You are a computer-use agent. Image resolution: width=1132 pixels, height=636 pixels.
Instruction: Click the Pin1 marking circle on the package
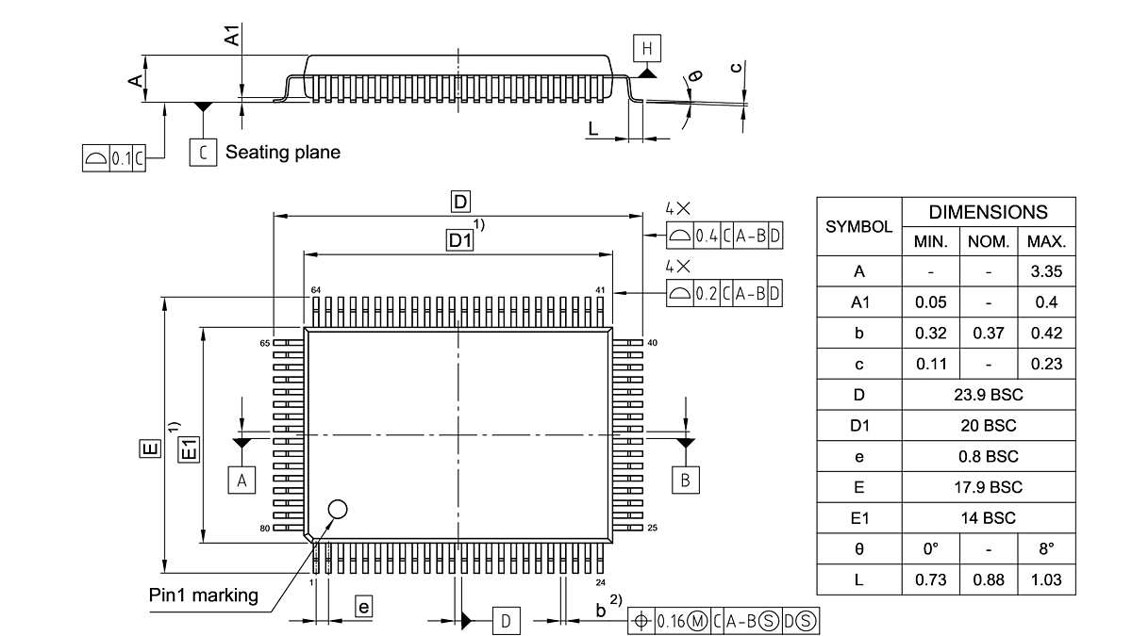pos(337,510)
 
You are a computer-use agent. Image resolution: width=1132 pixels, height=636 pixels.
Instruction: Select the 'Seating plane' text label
pos(282,152)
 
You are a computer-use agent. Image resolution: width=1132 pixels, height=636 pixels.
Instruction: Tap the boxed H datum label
pos(647,48)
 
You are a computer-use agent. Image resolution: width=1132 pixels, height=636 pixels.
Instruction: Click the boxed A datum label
pos(241,481)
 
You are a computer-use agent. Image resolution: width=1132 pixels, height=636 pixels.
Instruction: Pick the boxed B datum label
pos(686,480)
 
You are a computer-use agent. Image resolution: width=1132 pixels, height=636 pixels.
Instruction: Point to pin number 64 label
pos(314,289)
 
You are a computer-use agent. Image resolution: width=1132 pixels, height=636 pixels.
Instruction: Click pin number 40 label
pos(652,343)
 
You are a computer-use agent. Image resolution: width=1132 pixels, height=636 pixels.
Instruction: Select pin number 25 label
pos(652,528)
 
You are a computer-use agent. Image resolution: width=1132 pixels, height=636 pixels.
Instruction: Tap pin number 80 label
pos(265,528)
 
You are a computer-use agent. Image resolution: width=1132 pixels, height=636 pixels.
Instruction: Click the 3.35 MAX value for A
pos(1046,272)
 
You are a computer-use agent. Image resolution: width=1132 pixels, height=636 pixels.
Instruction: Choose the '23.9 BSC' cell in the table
pos(988,395)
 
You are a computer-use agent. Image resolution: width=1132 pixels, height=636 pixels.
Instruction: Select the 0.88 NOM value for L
pos(988,579)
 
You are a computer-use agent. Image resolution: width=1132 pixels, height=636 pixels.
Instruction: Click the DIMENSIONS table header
pos(988,212)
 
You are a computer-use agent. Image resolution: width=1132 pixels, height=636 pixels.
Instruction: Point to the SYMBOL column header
pos(858,227)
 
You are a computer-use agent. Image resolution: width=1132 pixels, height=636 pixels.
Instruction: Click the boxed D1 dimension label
pos(459,241)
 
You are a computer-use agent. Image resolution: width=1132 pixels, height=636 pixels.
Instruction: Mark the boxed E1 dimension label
pos(191,448)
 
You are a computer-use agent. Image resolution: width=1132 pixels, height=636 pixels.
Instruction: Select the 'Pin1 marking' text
pos(203,595)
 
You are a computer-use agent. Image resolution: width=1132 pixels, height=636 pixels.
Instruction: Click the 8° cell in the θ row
pos(1046,548)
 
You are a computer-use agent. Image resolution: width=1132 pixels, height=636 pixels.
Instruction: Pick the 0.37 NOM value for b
pos(988,334)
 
